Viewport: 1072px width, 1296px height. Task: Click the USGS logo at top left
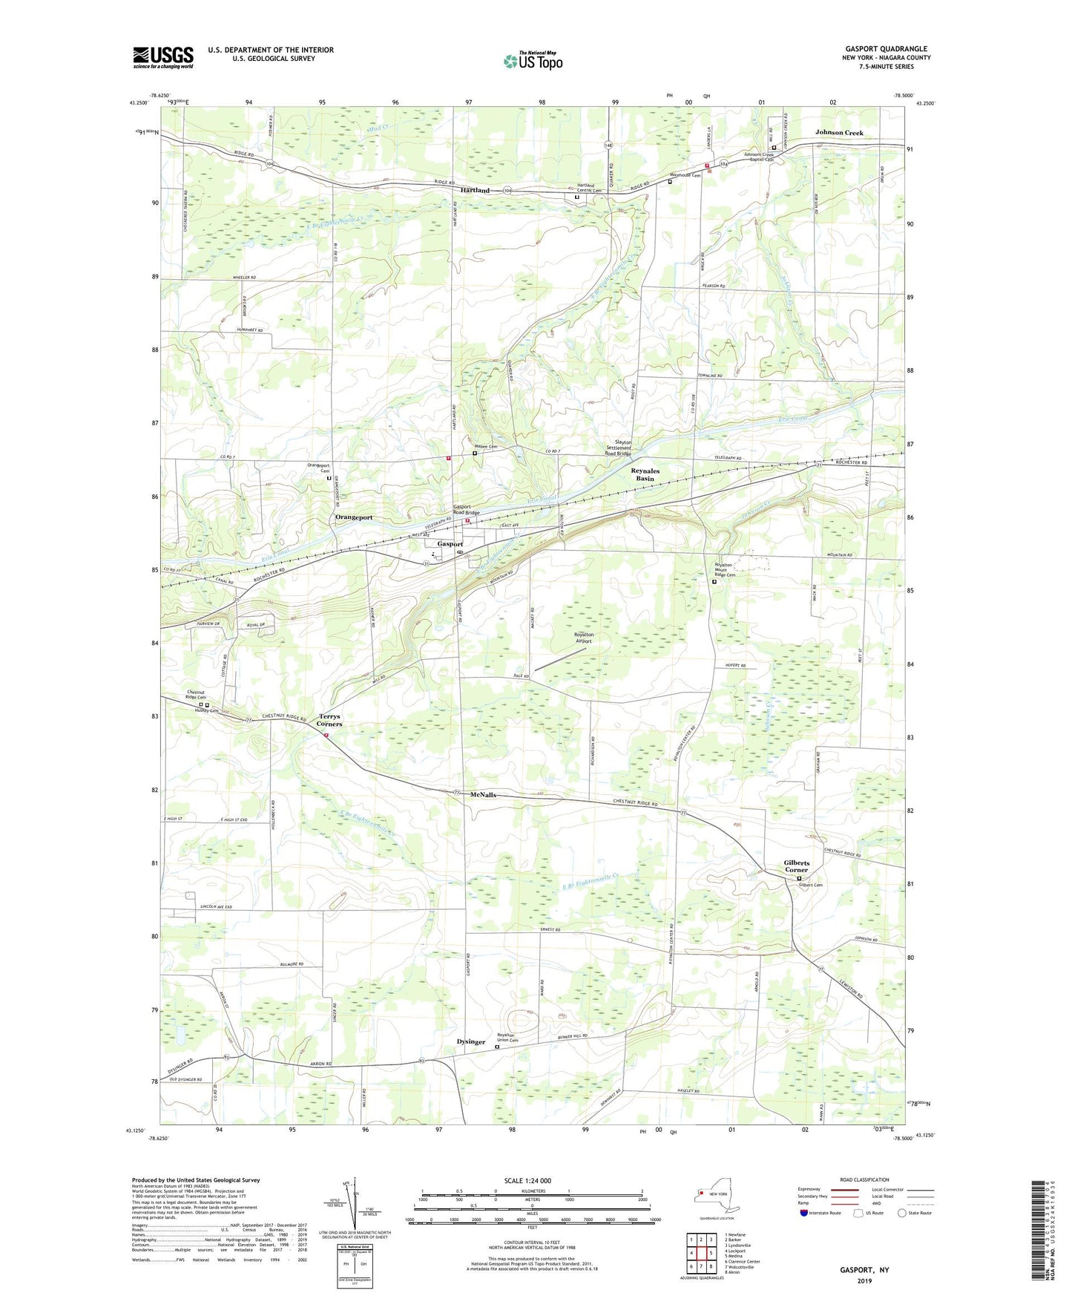(x=163, y=57)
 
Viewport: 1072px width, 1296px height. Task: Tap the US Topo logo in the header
(x=532, y=61)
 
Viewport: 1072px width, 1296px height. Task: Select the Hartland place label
(x=475, y=191)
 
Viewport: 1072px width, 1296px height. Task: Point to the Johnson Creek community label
(x=839, y=133)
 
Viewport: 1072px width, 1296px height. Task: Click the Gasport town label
(x=450, y=544)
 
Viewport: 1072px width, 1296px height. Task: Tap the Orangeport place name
(x=354, y=517)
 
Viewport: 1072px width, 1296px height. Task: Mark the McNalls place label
(x=483, y=795)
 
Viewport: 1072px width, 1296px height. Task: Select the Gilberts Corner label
(x=797, y=866)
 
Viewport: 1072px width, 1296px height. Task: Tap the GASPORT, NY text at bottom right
(x=864, y=1270)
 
